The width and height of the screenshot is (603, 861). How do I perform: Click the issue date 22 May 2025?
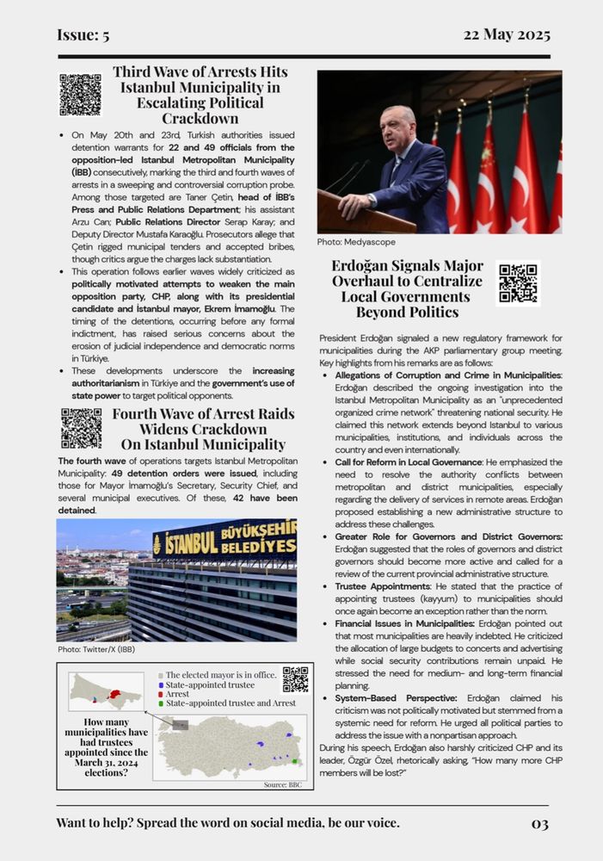(x=507, y=35)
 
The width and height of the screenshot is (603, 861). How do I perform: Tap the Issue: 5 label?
(x=83, y=35)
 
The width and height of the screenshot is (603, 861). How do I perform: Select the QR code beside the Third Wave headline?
(x=80, y=95)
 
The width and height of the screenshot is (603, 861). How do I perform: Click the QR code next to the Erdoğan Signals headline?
(x=518, y=283)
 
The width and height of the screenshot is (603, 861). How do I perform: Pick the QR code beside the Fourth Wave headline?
(x=81, y=428)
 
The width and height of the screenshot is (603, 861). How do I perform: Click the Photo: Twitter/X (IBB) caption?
(x=96, y=648)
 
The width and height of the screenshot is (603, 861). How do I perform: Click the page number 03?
(x=539, y=824)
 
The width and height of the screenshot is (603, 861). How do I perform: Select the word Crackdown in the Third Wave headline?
(x=200, y=118)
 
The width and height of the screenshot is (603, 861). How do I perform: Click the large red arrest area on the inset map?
(x=114, y=693)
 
